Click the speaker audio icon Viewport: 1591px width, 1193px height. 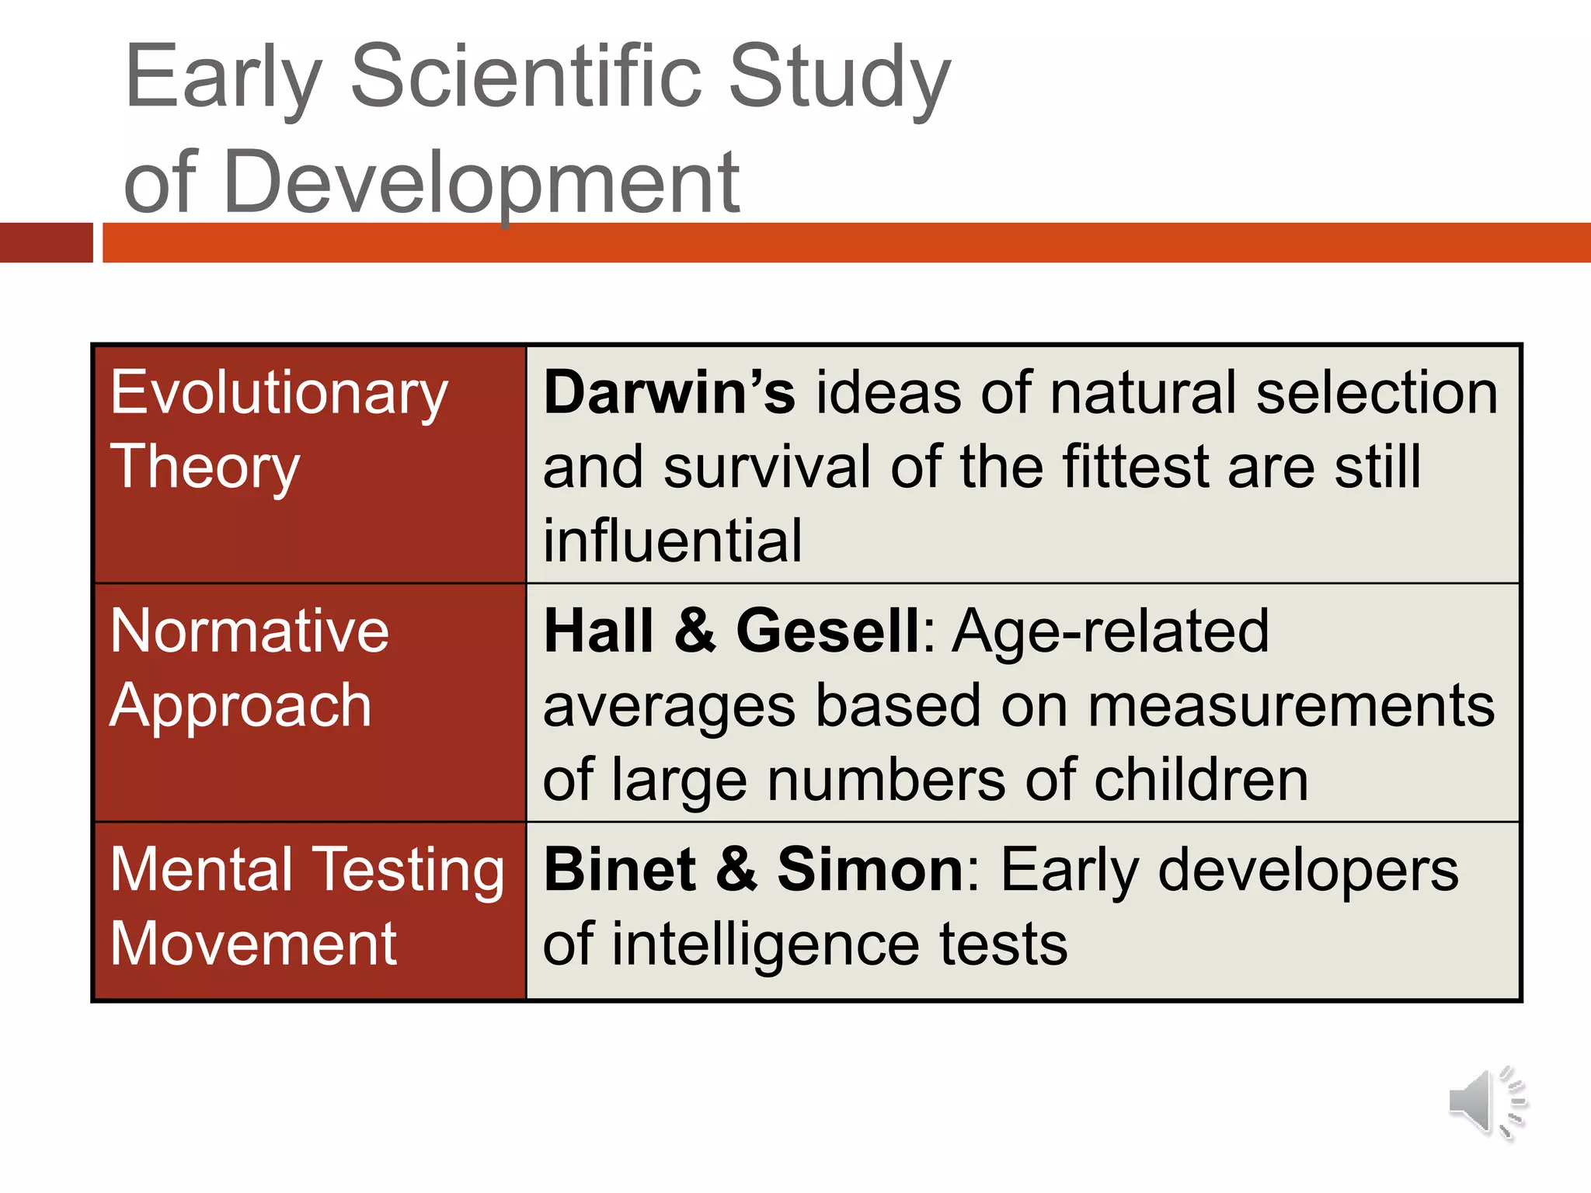(1485, 1103)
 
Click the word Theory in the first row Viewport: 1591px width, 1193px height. (205, 468)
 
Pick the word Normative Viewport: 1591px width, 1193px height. (249, 631)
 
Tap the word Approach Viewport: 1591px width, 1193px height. (241, 705)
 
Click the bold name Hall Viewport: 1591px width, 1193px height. (598, 631)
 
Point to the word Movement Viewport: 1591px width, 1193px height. (253, 944)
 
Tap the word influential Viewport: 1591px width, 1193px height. (673, 541)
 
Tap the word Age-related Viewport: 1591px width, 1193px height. (1111, 631)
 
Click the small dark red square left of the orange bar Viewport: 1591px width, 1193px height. (46, 242)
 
